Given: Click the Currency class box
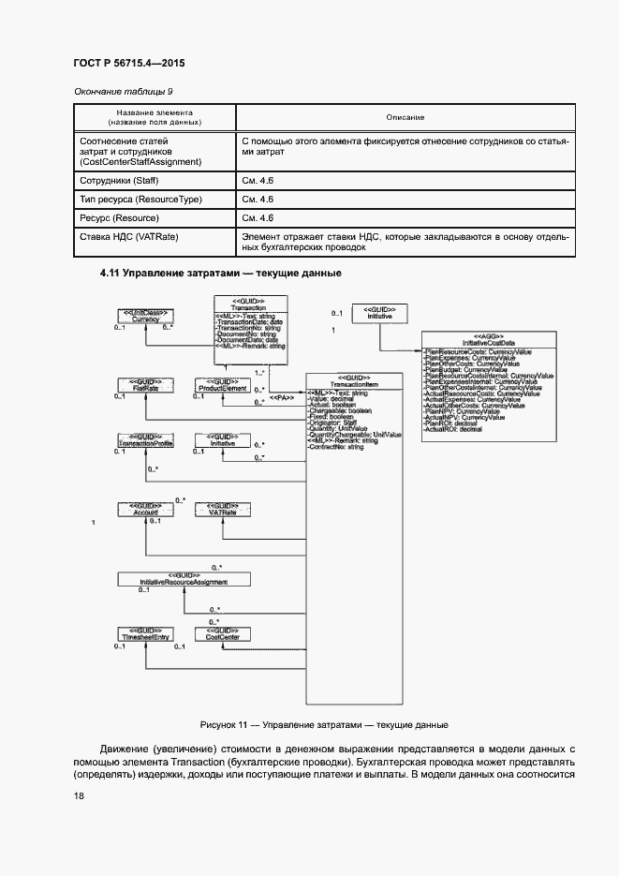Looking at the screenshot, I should click(142, 316).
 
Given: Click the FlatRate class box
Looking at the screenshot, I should click(142, 385).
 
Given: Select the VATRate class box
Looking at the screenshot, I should click(222, 511).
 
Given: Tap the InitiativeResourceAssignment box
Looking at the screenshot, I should click(184, 578).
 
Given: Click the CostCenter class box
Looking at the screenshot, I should click(222, 633).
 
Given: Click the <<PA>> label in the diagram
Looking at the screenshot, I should click(282, 397).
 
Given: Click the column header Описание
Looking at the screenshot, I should click(405, 118).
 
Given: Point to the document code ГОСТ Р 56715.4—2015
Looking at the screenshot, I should click(128, 64).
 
